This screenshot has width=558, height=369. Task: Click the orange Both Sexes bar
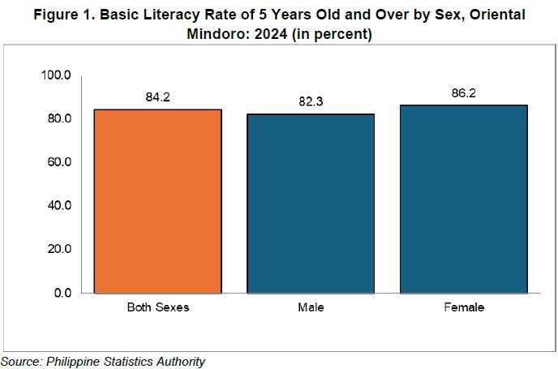157,201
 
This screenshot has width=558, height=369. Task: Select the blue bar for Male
311,204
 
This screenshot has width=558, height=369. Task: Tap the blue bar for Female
464,200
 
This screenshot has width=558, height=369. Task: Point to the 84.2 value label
157,97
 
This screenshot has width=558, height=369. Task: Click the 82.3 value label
311,101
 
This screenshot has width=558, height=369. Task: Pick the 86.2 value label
464,93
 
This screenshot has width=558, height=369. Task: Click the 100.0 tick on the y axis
56,75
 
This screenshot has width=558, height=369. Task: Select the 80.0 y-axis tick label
59,118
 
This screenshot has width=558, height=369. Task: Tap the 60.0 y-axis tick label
59,162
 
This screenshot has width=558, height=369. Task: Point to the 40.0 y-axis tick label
59,206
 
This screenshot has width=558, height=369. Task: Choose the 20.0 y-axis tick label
59,249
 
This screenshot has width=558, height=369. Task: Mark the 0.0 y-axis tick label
62,293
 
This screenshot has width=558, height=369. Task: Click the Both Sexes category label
158,307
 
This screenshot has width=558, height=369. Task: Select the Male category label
311,307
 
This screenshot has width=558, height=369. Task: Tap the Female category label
464,307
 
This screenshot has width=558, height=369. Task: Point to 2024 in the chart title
271,34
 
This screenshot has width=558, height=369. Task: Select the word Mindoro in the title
217,34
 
